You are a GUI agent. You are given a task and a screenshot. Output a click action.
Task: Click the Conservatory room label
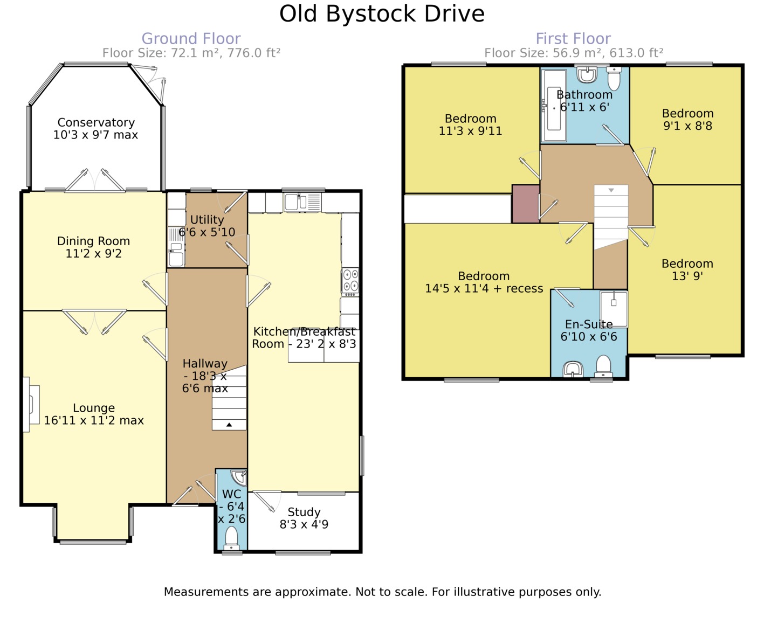click(96, 123)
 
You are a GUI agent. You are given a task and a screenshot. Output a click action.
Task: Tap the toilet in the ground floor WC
click(231, 537)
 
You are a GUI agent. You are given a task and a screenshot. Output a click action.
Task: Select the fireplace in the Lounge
click(31, 404)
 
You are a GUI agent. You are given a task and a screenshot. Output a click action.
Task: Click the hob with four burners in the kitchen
click(350, 282)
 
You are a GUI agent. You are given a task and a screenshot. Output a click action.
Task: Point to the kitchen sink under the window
click(302, 202)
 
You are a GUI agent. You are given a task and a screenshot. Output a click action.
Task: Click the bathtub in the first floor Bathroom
click(554, 106)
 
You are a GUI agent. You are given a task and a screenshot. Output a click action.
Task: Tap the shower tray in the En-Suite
click(614, 309)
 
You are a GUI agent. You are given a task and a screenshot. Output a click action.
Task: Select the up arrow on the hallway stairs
click(229, 425)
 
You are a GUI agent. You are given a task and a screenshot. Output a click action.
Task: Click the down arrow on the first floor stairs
click(611, 190)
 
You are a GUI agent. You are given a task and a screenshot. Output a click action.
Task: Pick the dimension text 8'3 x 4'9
click(304, 524)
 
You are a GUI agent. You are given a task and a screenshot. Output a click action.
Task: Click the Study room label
click(304, 512)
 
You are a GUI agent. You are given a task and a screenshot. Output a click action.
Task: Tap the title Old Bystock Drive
click(382, 14)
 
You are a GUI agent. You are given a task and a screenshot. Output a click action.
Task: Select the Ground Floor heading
click(191, 38)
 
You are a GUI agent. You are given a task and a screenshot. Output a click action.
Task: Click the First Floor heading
click(573, 38)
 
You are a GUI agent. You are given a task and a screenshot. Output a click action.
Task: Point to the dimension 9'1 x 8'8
click(687, 126)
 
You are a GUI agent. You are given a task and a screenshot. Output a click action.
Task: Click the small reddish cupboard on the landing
click(526, 204)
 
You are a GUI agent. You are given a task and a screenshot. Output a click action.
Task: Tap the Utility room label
click(207, 219)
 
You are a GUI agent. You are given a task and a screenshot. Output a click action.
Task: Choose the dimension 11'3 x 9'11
click(470, 131)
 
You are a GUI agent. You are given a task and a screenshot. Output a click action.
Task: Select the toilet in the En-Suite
click(603, 365)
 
